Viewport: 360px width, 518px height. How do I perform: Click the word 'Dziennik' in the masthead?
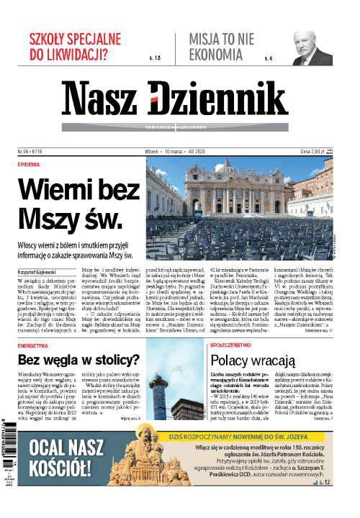tap(234, 101)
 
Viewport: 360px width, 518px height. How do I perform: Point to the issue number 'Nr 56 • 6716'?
tap(30, 152)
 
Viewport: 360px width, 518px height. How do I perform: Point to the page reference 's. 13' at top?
tap(153, 57)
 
